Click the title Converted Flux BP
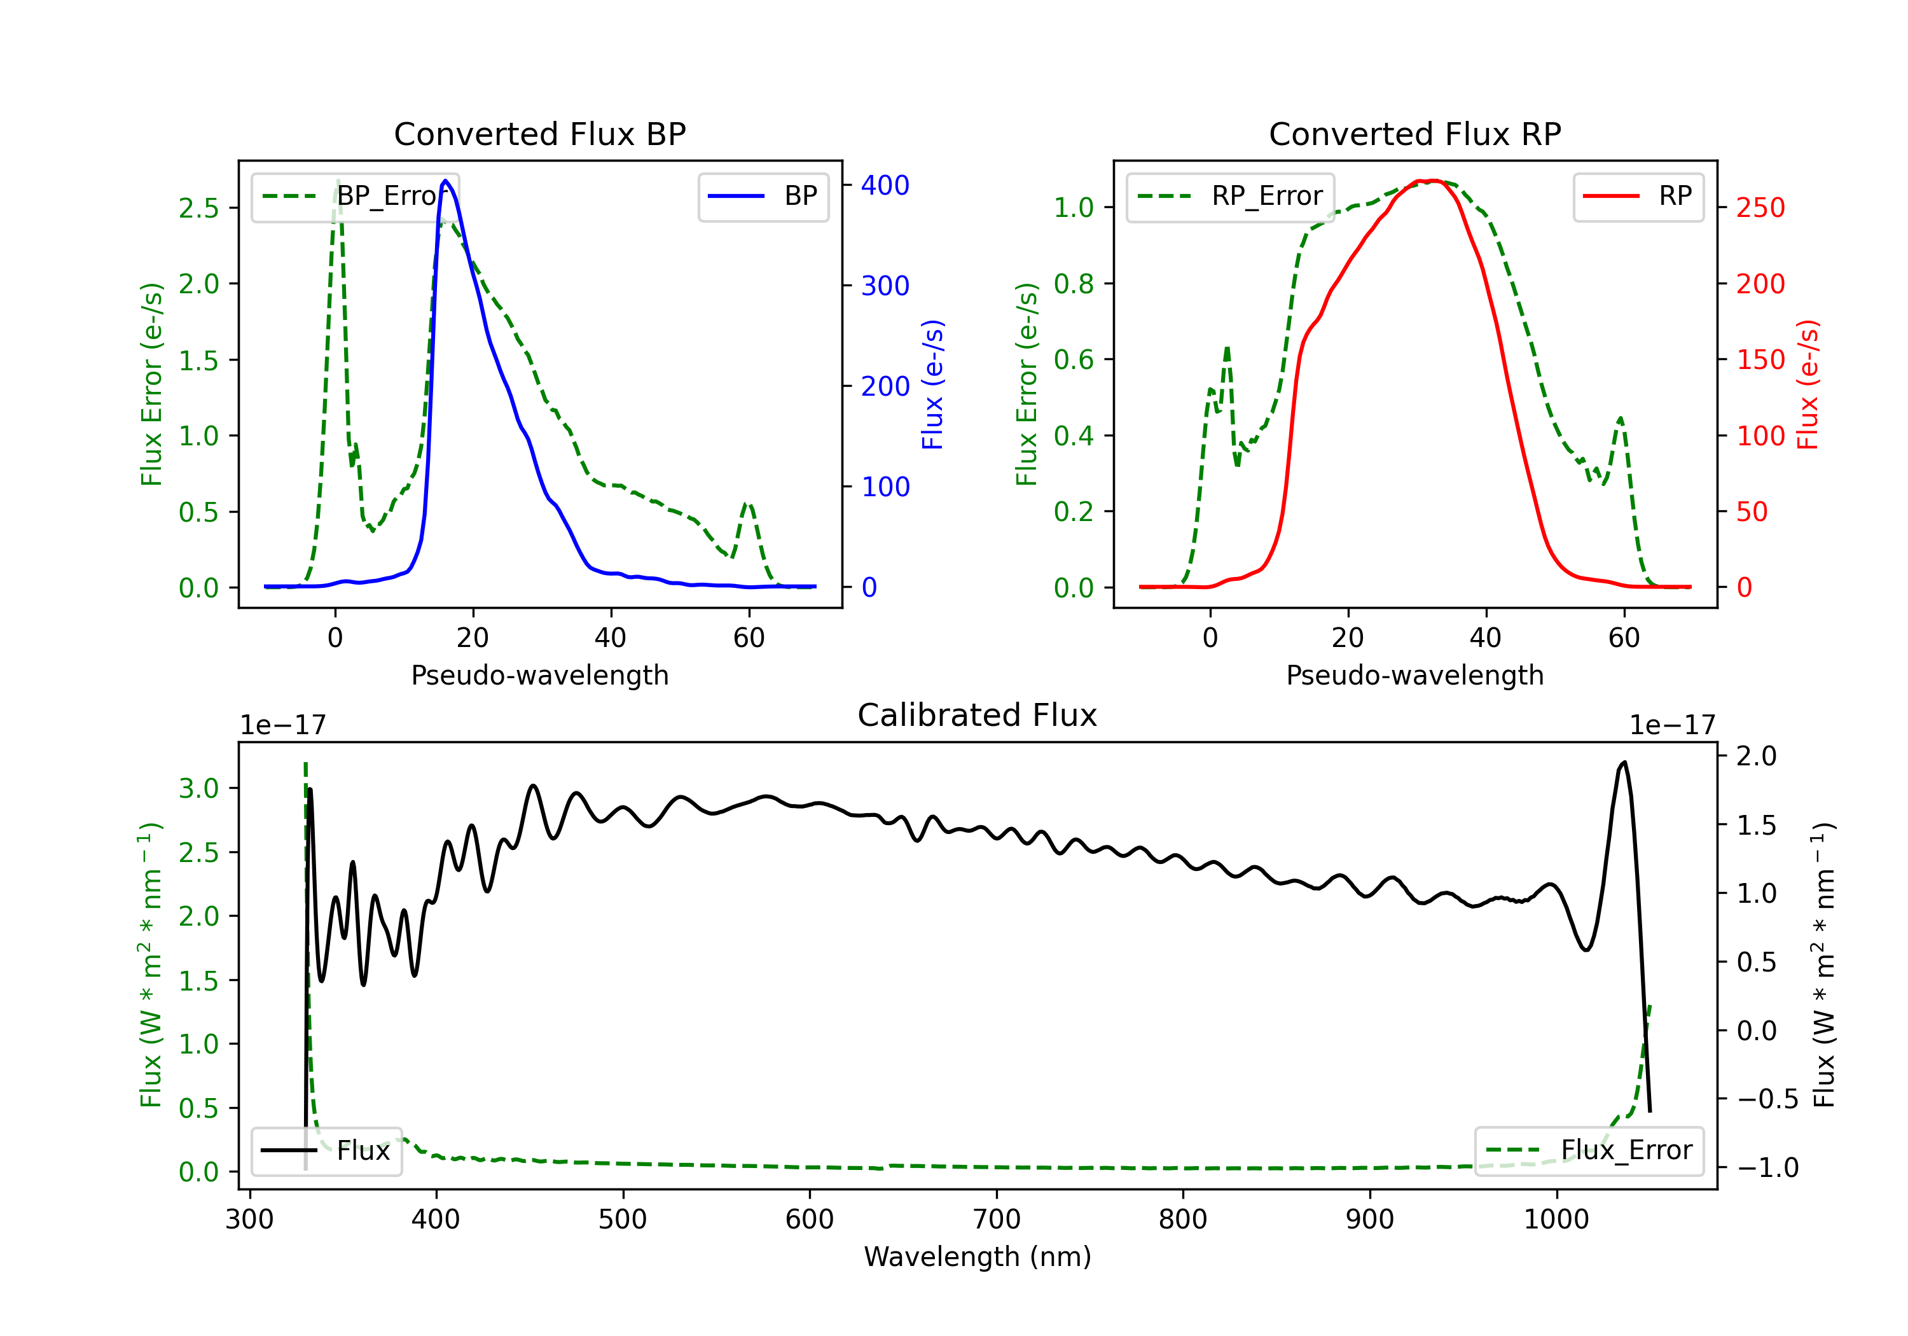click(539, 134)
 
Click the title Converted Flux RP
click(1414, 134)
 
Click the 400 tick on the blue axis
click(885, 185)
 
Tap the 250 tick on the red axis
click(1760, 208)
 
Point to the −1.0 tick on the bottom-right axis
click(1767, 1168)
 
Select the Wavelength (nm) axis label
click(978, 1257)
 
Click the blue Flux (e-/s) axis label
click(932, 384)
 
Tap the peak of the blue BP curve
click(446, 181)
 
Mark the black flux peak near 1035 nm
click(1624, 762)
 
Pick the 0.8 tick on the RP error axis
click(1074, 284)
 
